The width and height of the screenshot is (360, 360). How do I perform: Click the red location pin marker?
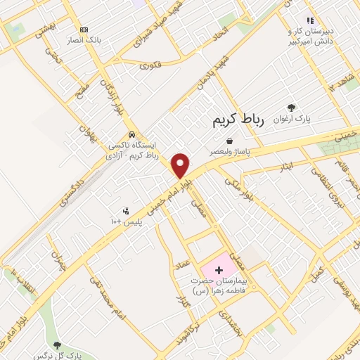[181, 165]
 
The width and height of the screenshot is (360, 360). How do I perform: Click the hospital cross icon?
[218, 270]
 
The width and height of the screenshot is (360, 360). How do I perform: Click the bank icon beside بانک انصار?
[84, 30]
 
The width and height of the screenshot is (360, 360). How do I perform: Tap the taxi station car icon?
[131, 135]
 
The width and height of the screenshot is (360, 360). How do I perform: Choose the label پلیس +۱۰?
[126, 221]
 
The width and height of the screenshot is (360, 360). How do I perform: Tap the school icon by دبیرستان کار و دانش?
[309, 20]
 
